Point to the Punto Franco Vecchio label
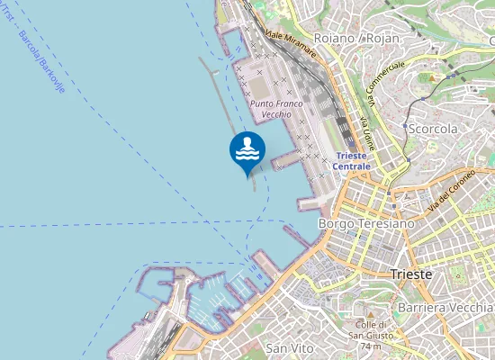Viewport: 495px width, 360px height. click(277, 110)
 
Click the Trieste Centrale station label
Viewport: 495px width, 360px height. click(351, 160)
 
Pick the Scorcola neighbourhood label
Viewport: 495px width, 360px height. click(433, 129)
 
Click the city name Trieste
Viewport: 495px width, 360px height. click(412, 274)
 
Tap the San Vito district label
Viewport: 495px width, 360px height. click(289, 346)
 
